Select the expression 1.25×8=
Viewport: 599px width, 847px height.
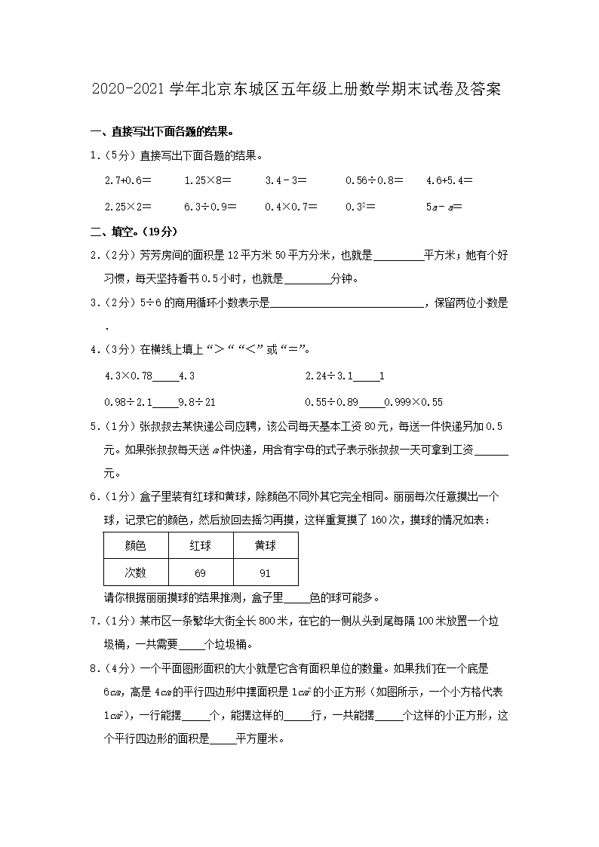point(207,181)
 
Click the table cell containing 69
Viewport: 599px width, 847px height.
point(200,573)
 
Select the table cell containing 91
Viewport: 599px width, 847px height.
point(265,573)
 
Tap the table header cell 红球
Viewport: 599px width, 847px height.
point(200,546)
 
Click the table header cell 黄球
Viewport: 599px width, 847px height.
point(265,546)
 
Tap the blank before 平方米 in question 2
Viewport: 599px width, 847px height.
point(398,256)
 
